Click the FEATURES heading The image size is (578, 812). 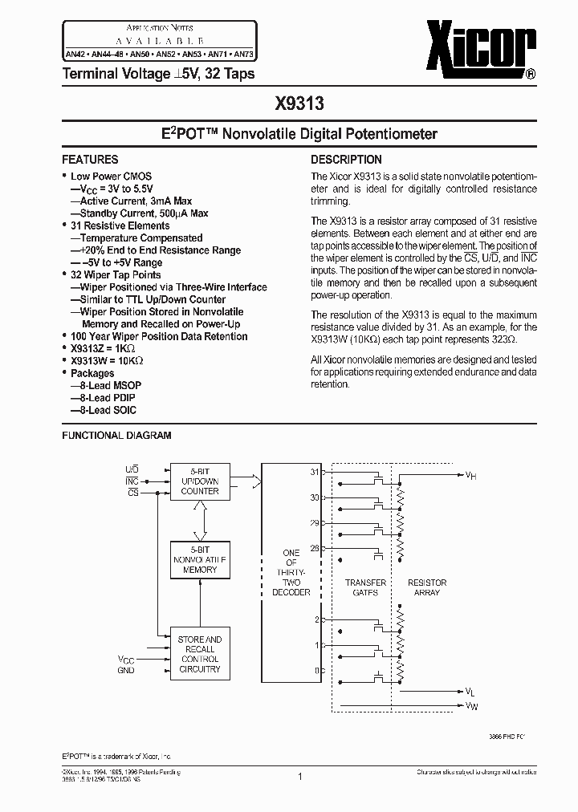point(90,160)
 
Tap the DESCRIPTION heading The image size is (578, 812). point(346,160)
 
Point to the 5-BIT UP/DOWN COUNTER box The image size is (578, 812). point(200,481)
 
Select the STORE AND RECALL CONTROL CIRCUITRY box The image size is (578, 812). point(200,654)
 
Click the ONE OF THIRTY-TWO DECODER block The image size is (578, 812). point(291,572)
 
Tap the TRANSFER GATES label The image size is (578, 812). point(365,587)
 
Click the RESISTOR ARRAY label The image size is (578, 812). point(427,587)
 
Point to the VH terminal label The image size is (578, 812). point(470,475)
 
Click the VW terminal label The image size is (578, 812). point(470,705)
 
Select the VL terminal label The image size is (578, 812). point(470,691)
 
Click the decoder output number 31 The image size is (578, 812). point(315,472)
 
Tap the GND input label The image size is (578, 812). point(126,669)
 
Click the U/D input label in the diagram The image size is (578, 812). point(132,469)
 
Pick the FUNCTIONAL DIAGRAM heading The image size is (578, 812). point(117,435)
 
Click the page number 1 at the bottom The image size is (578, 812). point(299,776)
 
